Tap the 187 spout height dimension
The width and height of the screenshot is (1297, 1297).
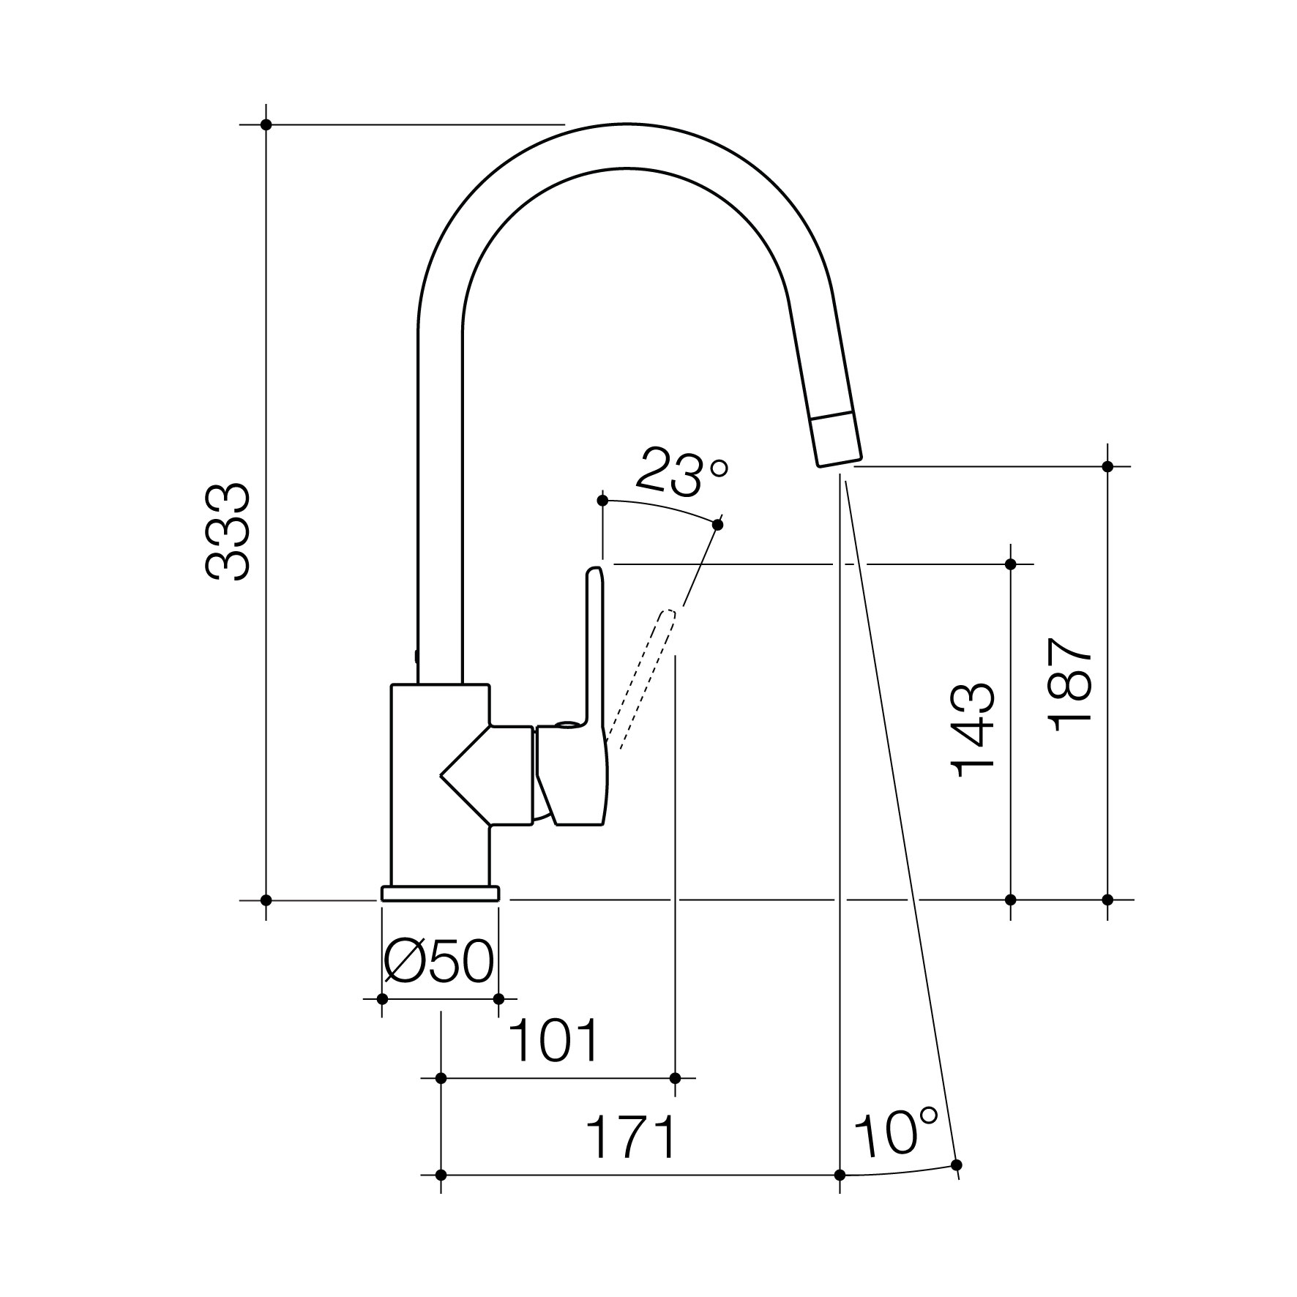pyautogui.click(x=1071, y=684)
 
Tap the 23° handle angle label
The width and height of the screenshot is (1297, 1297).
pyautogui.click(x=682, y=471)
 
